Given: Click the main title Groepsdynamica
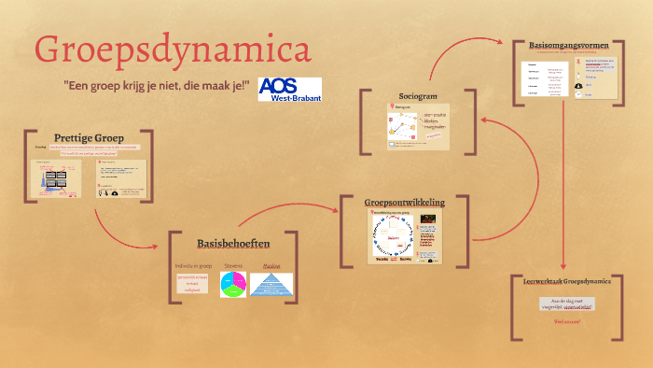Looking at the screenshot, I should pyautogui.click(x=173, y=50).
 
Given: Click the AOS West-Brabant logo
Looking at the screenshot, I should pyautogui.click(x=289, y=91).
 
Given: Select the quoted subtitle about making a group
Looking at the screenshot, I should pyautogui.click(x=157, y=86).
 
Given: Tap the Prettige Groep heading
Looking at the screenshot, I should pyautogui.click(x=89, y=138).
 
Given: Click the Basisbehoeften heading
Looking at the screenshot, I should pyautogui.click(x=233, y=244).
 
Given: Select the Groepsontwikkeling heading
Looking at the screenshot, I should pyautogui.click(x=404, y=202).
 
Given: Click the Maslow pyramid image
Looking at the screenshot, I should pyautogui.click(x=271, y=285).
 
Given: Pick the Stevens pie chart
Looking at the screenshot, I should pyautogui.click(x=232, y=285).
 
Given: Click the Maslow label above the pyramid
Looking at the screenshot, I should pyautogui.click(x=271, y=265).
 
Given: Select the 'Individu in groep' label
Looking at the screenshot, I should pyautogui.click(x=193, y=265).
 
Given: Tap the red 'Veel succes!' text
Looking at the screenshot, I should pyautogui.click(x=566, y=321).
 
